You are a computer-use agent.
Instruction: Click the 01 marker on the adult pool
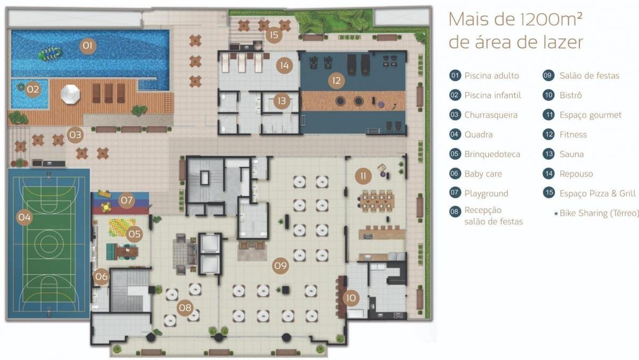[87, 46]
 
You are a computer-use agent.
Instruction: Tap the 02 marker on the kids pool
[32, 89]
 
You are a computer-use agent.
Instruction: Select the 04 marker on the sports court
[24, 217]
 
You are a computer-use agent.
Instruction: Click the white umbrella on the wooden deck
[70, 94]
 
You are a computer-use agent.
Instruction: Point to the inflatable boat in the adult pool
[50, 53]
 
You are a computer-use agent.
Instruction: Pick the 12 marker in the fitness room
[337, 81]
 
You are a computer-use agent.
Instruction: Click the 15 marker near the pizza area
[274, 35]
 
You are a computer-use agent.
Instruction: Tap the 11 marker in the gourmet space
[363, 176]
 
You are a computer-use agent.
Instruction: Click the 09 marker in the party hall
[281, 266]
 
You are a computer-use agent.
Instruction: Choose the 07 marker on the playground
[126, 200]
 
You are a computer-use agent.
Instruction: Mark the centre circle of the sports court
[48, 244]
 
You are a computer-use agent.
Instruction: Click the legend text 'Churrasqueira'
[490, 115]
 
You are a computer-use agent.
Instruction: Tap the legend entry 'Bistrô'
[570, 95]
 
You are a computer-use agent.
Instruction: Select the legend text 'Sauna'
[571, 154]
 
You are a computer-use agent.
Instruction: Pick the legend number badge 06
[455, 174]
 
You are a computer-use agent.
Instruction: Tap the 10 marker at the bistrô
[351, 298]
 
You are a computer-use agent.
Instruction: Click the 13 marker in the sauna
[282, 101]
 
